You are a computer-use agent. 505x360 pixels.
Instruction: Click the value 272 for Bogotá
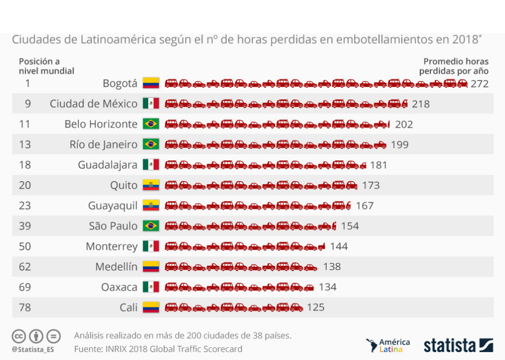point(480,84)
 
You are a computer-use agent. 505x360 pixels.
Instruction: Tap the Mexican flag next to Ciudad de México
point(150,104)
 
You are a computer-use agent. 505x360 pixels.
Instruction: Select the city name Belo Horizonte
point(100,124)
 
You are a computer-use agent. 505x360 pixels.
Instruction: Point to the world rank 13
point(25,144)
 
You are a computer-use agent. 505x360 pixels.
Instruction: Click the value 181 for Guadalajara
point(378,165)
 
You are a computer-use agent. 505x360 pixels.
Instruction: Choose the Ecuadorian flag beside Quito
point(150,185)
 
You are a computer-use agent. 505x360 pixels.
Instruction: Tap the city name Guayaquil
point(113,205)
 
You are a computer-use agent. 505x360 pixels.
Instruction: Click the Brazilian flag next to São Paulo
point(150,226)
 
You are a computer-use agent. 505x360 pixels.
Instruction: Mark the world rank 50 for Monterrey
point(25,246)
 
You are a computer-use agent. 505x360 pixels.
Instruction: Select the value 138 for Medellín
point(332,267)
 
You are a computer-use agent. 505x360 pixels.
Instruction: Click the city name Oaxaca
point(119,287)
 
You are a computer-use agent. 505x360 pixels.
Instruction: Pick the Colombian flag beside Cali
point(150,307)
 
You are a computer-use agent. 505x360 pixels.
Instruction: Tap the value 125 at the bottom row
point(316,307)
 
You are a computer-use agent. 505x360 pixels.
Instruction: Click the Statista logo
point(458,346)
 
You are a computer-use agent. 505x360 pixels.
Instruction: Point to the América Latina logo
point(388,345)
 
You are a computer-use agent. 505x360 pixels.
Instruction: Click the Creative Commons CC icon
point(19,336)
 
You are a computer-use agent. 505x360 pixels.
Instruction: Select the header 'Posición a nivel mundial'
point(46,66)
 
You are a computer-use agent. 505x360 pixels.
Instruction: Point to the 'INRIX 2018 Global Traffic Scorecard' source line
point(158,348)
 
